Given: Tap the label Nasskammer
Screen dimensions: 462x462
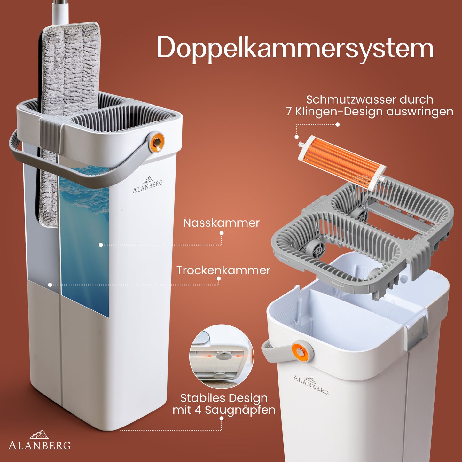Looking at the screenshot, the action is (221, 223).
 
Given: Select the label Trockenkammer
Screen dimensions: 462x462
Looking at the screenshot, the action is (223, 270).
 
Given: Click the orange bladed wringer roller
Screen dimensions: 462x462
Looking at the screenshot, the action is (342, 162).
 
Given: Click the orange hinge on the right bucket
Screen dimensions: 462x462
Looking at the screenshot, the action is (301, 351).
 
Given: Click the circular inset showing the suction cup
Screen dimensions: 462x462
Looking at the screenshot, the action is (222, 356).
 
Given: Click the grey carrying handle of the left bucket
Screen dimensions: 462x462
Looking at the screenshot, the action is (79, 165).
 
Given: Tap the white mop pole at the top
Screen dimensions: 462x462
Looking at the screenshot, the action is (59, 12).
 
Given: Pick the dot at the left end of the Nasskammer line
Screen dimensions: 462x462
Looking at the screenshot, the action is (101, 245).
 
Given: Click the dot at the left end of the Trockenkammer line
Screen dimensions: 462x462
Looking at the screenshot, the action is (50, 285).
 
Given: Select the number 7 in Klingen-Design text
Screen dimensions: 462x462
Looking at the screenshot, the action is (289, 112).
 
